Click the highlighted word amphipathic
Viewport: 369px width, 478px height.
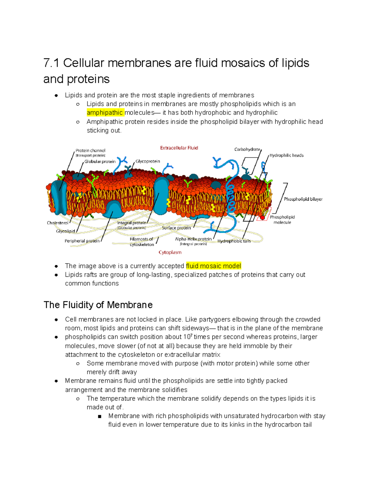coord(105,113)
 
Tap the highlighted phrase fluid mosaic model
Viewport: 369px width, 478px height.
coord(213,266)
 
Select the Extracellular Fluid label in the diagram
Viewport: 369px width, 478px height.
coord(179,148)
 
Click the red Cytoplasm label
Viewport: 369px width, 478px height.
coord(170,252)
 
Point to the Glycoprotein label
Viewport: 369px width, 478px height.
coord(148,161)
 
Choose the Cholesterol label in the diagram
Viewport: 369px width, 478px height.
coord(58,223)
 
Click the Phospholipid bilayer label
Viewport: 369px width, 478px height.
coord(303,199)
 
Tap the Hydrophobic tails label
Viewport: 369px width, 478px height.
coord(234,241)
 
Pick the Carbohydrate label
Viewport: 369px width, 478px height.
coord(247,149)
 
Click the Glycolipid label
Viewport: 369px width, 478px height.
coord(65,231)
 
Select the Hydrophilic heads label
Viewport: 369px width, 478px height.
coord(286,155)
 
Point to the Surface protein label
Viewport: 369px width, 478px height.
coord(176,228)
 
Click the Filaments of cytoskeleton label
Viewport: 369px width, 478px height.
coord(142,242)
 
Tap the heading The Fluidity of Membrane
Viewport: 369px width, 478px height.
coord(98,305)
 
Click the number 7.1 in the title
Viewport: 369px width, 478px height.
coord(51,63)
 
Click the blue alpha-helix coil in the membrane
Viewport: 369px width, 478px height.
coord(230,197)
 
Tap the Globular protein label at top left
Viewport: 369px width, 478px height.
coord(100,162)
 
